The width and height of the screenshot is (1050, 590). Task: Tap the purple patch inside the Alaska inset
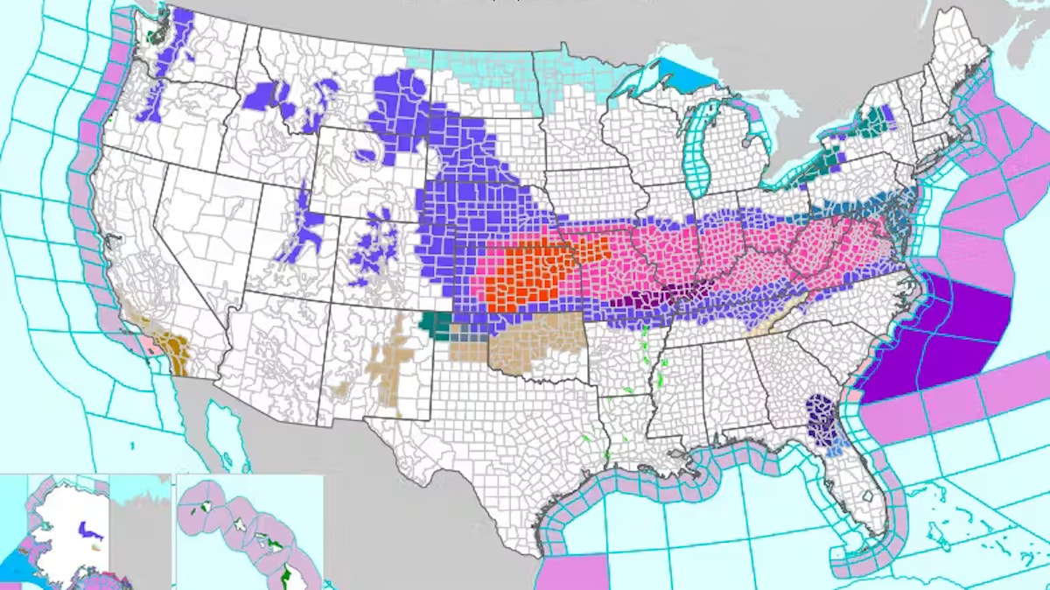point(85,529)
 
